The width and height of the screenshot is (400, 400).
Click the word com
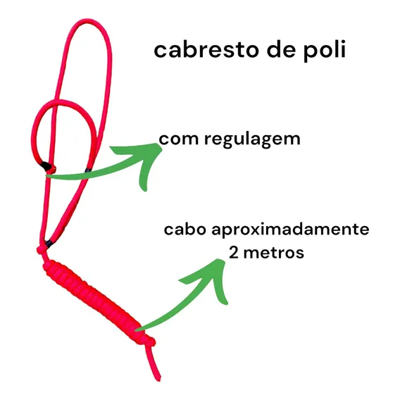tap(179, 139)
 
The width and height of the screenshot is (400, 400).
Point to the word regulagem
tap(252, 139)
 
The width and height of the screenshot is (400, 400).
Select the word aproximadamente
tap(290, 230)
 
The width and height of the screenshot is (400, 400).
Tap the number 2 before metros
tap(234, 253)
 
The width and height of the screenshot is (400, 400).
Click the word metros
tap(274, 253)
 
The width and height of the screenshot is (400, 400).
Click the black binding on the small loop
tap(46, 166)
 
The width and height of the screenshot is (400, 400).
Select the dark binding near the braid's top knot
tap(49, 244)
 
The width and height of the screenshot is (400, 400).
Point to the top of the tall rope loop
tap(88, 20)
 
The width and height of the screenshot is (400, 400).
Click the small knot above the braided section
tap(42, 250)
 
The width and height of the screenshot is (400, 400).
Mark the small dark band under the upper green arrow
tap(88, 170)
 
